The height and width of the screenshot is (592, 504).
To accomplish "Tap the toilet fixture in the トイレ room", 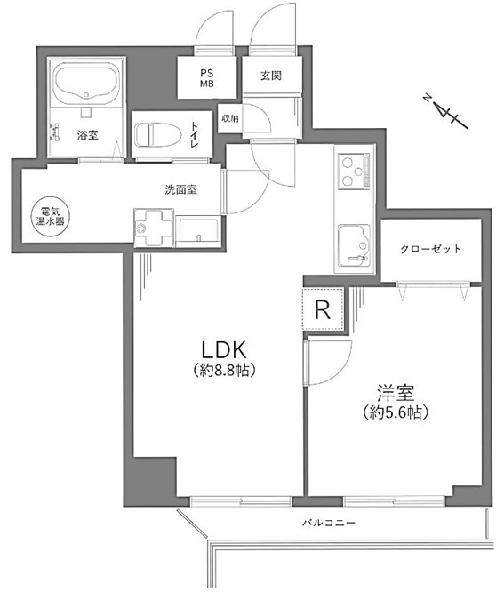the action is click(x=157, y=135).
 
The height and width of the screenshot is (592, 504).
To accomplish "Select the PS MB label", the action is click(x=207, y=78).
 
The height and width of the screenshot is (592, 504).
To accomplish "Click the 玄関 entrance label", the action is click(x=271, y=76).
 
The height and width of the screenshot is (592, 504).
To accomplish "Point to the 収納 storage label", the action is click(x=230, y=118).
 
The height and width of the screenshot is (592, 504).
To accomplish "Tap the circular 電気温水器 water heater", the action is click(x=50, y=216).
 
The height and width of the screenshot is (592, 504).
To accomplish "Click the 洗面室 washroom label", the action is click(x=180, y=189).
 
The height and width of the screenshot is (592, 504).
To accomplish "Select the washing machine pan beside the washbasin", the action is click(x=154, y=228).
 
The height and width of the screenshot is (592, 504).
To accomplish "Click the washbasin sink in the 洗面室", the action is click(x=198, y=230).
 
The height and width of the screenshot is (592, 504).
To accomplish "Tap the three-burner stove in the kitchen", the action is click(x=354, y=172).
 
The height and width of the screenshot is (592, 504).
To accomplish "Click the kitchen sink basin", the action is click(x=354, y=245).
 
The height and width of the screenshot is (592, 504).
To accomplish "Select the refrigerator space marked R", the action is click(x=323, y=308).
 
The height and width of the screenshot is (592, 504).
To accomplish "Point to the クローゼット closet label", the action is click(x=431, y=249).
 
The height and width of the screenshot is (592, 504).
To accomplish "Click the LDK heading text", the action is click(x=224, y=349).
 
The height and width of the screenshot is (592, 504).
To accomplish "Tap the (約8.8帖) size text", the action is click(x=224, y=371).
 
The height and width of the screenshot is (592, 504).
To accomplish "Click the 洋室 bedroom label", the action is click(x=396, y=393).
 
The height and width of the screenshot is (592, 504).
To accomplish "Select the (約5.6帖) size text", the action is click(x=396, y=412).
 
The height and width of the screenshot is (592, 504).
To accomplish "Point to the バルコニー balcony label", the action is click(x=329, y=524).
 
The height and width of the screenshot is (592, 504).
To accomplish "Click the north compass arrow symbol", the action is click(x=446, y=113).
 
